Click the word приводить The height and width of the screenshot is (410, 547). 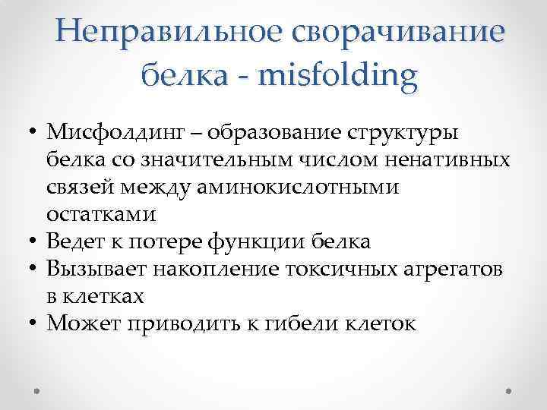point(171,323)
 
